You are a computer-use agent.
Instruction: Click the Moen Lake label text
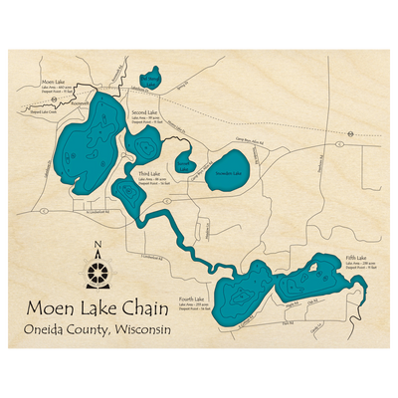click(54, 82)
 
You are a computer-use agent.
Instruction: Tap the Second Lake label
click(145, 112)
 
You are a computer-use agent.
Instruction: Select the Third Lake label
click(149, 173)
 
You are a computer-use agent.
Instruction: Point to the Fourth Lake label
click(192, 298)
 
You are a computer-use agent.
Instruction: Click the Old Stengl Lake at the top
click(150, 80)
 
